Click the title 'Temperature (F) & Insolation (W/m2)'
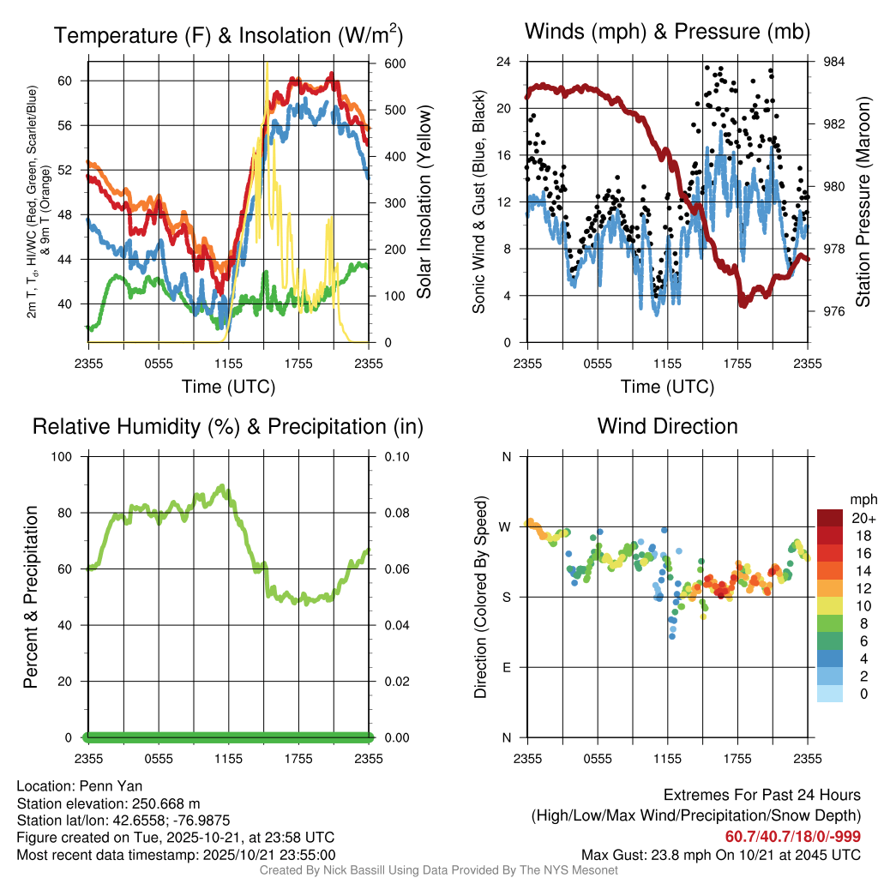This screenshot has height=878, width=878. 228,35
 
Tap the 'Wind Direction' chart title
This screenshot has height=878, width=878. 667,426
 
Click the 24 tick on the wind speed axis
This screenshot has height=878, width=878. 505,62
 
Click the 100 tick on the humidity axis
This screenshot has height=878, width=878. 63,456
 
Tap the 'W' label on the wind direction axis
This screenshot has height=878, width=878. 506,526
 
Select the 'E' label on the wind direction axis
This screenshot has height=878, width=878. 506,667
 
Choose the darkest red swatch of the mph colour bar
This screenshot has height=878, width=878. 830,518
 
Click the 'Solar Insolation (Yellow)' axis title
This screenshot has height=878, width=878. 424,202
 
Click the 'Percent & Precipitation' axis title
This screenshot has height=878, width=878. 31,597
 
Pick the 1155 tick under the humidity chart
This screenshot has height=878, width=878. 229,758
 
